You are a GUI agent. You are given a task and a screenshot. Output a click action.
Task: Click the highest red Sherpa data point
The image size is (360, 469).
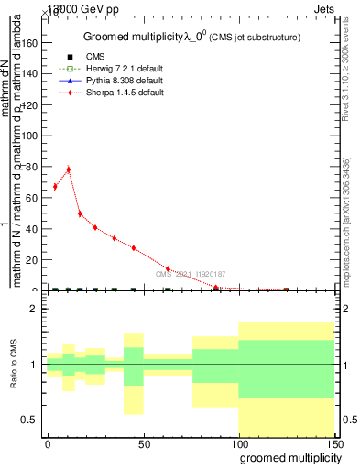point(68,169)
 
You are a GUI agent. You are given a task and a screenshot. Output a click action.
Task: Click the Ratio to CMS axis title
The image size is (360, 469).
point(14,365)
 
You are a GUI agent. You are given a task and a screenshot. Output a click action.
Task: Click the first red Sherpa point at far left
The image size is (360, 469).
point(55,187)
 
